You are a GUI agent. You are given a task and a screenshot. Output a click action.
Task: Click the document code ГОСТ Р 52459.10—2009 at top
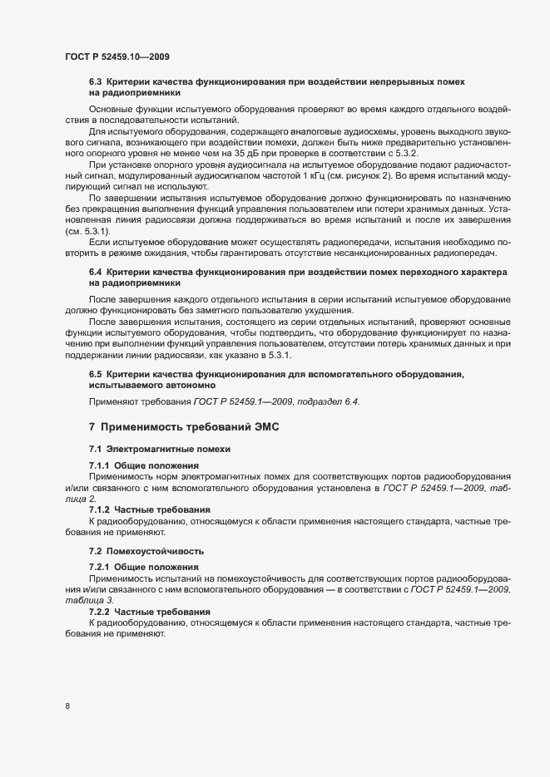click(119, 57)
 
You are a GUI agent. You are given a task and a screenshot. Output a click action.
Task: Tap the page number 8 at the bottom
click(67, 706)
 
